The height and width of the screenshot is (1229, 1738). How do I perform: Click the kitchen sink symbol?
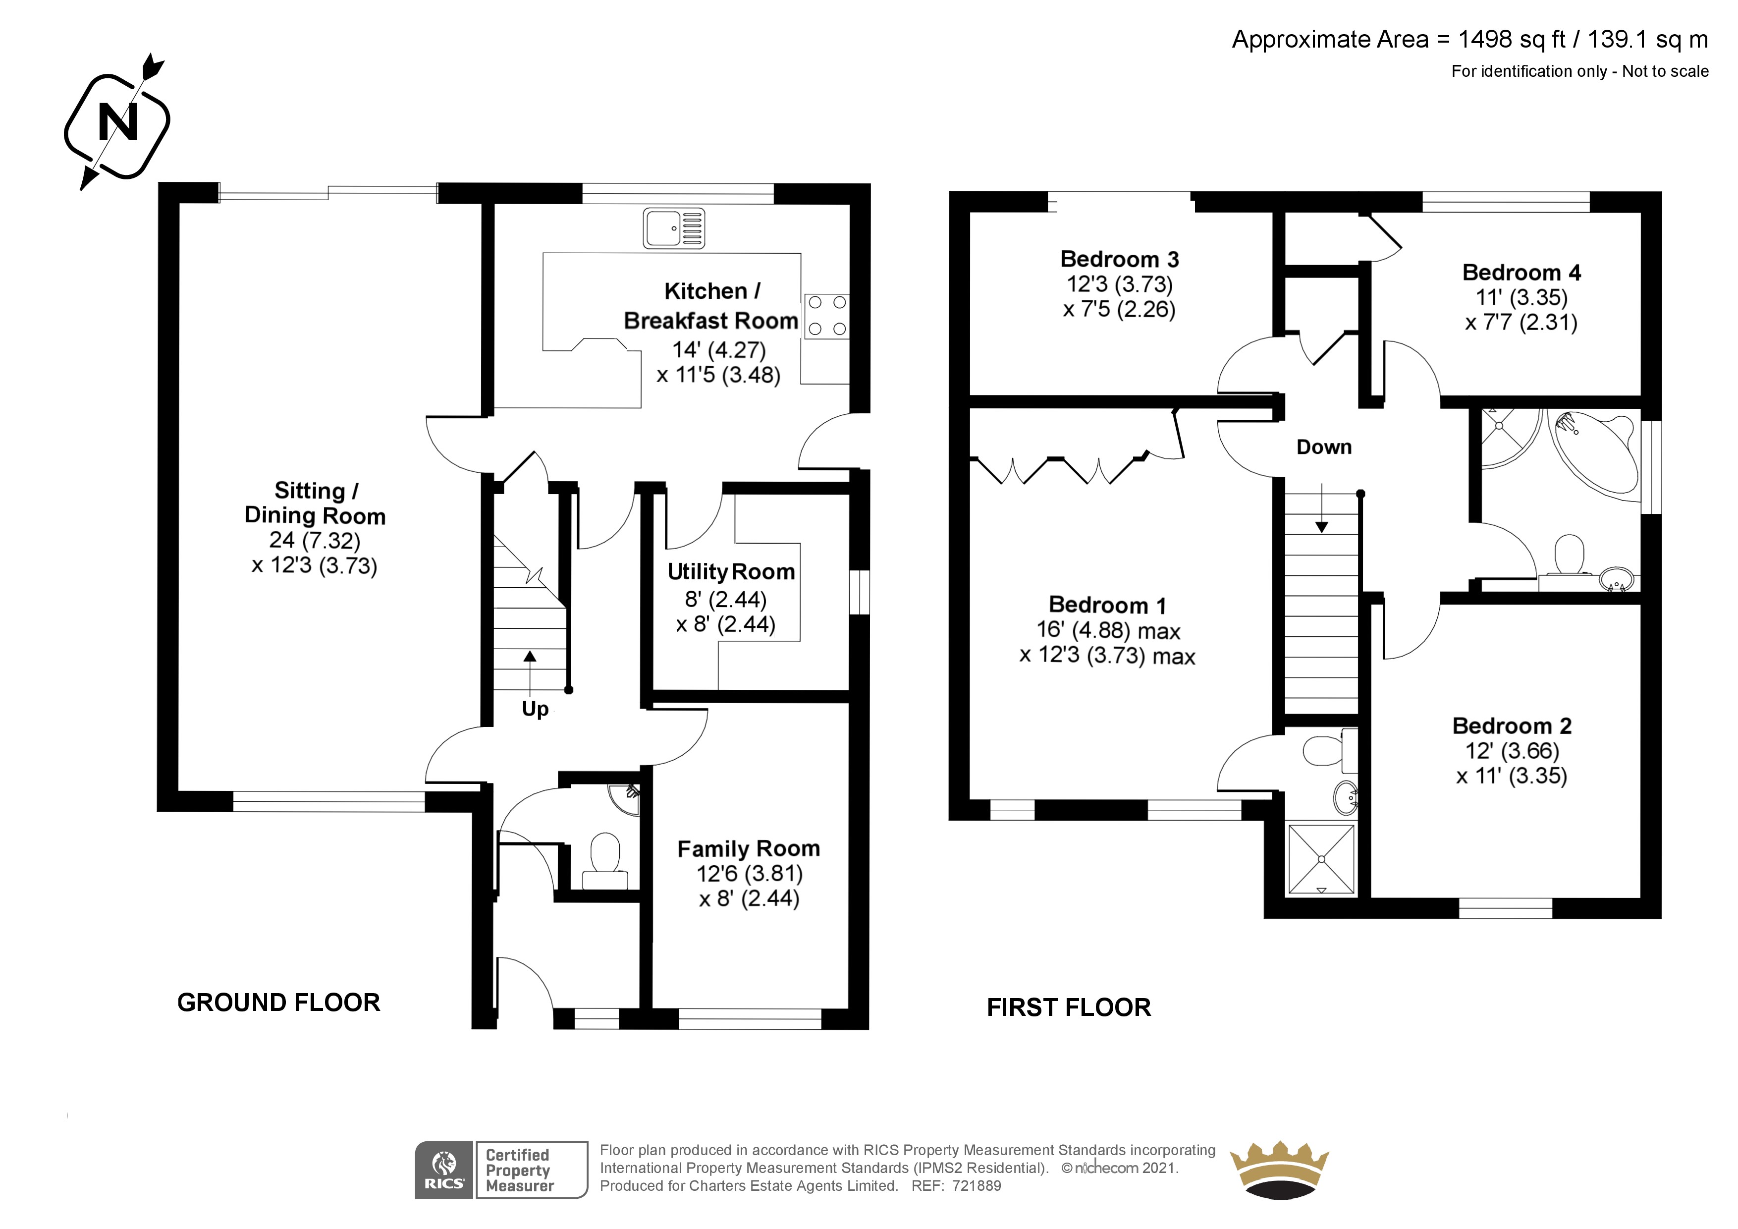tap(674, 228)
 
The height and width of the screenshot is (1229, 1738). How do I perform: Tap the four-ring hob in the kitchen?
tap(826, 316)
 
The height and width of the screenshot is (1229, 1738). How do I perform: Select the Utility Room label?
tap(731, 572)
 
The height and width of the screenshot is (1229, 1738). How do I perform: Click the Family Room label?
tap(749, 849)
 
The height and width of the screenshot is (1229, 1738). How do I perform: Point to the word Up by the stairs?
tap(535, 709)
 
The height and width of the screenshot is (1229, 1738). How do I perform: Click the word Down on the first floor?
tap(1324, 447)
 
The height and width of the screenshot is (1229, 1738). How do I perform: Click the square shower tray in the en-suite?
tap(1321, 859)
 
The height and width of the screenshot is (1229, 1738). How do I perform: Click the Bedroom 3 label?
tap(1120, 259)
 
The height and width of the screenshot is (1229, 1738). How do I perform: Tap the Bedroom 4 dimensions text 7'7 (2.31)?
tap(1521, 323)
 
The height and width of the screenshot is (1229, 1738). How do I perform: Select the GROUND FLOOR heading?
tap(278, 1003)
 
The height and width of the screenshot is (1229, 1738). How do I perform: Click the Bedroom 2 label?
tap(1512, 726)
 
